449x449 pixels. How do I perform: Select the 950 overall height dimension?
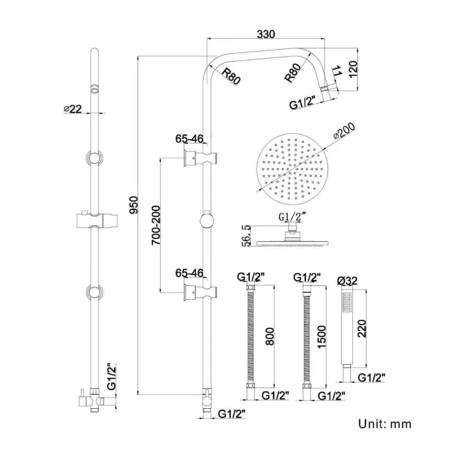pos(134,205)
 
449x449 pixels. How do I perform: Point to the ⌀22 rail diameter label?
pos(73,108)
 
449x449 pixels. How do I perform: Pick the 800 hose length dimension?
pos(270,335)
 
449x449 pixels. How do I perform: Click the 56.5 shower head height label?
pos(245,235)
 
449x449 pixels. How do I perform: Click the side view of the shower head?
pos(291,239)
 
